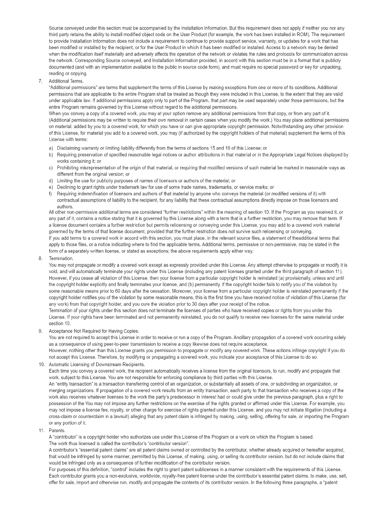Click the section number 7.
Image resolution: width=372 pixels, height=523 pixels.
point(40,81)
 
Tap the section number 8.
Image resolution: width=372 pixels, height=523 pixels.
point(40,259)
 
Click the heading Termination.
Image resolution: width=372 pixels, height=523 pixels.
point(61,259)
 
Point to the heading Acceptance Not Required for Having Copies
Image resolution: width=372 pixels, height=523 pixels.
point(94,331)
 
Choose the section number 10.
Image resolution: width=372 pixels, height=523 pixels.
point(41,364)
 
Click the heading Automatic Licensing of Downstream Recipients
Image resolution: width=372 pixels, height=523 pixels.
point(97,364)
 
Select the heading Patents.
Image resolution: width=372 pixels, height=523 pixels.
point(57,431)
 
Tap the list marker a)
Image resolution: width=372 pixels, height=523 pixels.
point(51,148)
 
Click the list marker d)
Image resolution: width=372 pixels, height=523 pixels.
point(51,181)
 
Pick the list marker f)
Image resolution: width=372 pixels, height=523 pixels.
point(50,194)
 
